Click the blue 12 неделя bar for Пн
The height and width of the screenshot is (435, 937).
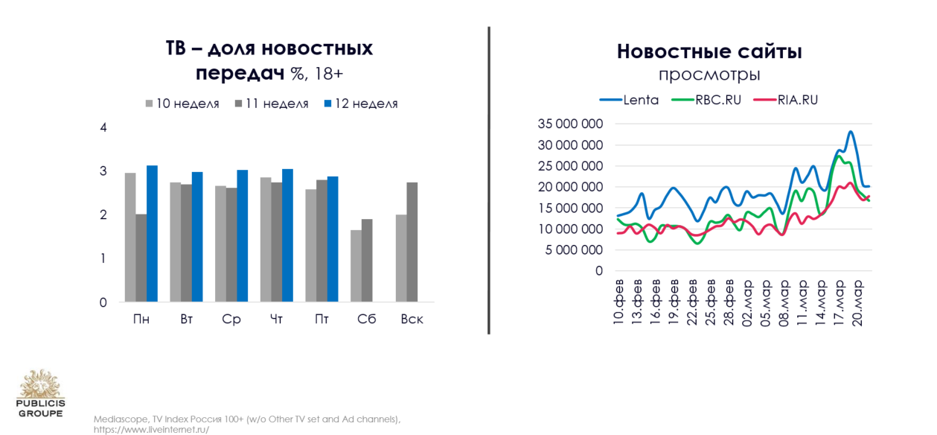152,234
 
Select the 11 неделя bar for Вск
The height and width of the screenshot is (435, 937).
412,242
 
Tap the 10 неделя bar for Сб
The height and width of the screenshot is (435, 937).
356,266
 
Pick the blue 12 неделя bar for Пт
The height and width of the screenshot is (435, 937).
333,239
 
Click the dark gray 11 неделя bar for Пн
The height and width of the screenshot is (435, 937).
141,258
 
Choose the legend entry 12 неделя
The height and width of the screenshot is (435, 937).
361,104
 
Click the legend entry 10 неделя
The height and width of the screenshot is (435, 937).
182,104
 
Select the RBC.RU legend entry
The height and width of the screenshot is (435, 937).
706,100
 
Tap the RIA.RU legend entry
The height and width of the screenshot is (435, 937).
786,100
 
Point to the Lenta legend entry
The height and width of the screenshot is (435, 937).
629,100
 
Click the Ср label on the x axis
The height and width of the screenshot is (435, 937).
231,319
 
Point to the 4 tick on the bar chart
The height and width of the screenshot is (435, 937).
103,127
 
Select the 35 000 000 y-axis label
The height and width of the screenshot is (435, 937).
570,124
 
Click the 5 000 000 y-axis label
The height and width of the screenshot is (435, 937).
574,250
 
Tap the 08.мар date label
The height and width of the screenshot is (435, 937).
783,303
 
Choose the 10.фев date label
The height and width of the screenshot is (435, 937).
618,302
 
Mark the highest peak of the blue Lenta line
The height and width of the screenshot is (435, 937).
851,131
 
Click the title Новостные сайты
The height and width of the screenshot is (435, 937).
709,51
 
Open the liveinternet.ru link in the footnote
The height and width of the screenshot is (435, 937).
151,430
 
